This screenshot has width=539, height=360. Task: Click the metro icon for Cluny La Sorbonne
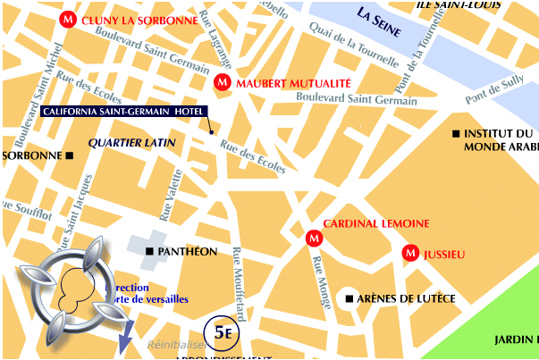click(67, 19)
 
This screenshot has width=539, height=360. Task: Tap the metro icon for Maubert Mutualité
click(222, 83)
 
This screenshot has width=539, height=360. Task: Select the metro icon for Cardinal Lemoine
click(313, 238)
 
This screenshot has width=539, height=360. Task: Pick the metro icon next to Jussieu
click(410, 253)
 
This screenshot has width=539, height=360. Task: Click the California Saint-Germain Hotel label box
click(123, 111)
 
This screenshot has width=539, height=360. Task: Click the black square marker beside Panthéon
click(149, 252)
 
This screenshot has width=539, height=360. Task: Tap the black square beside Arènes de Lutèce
click(350, 297)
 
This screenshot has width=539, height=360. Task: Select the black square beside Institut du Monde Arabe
click(457, 134)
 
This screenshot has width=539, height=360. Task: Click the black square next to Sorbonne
click(69, 155)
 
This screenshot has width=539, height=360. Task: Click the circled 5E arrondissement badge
click(221, 331)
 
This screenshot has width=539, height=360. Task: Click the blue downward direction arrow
click(124, 339)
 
